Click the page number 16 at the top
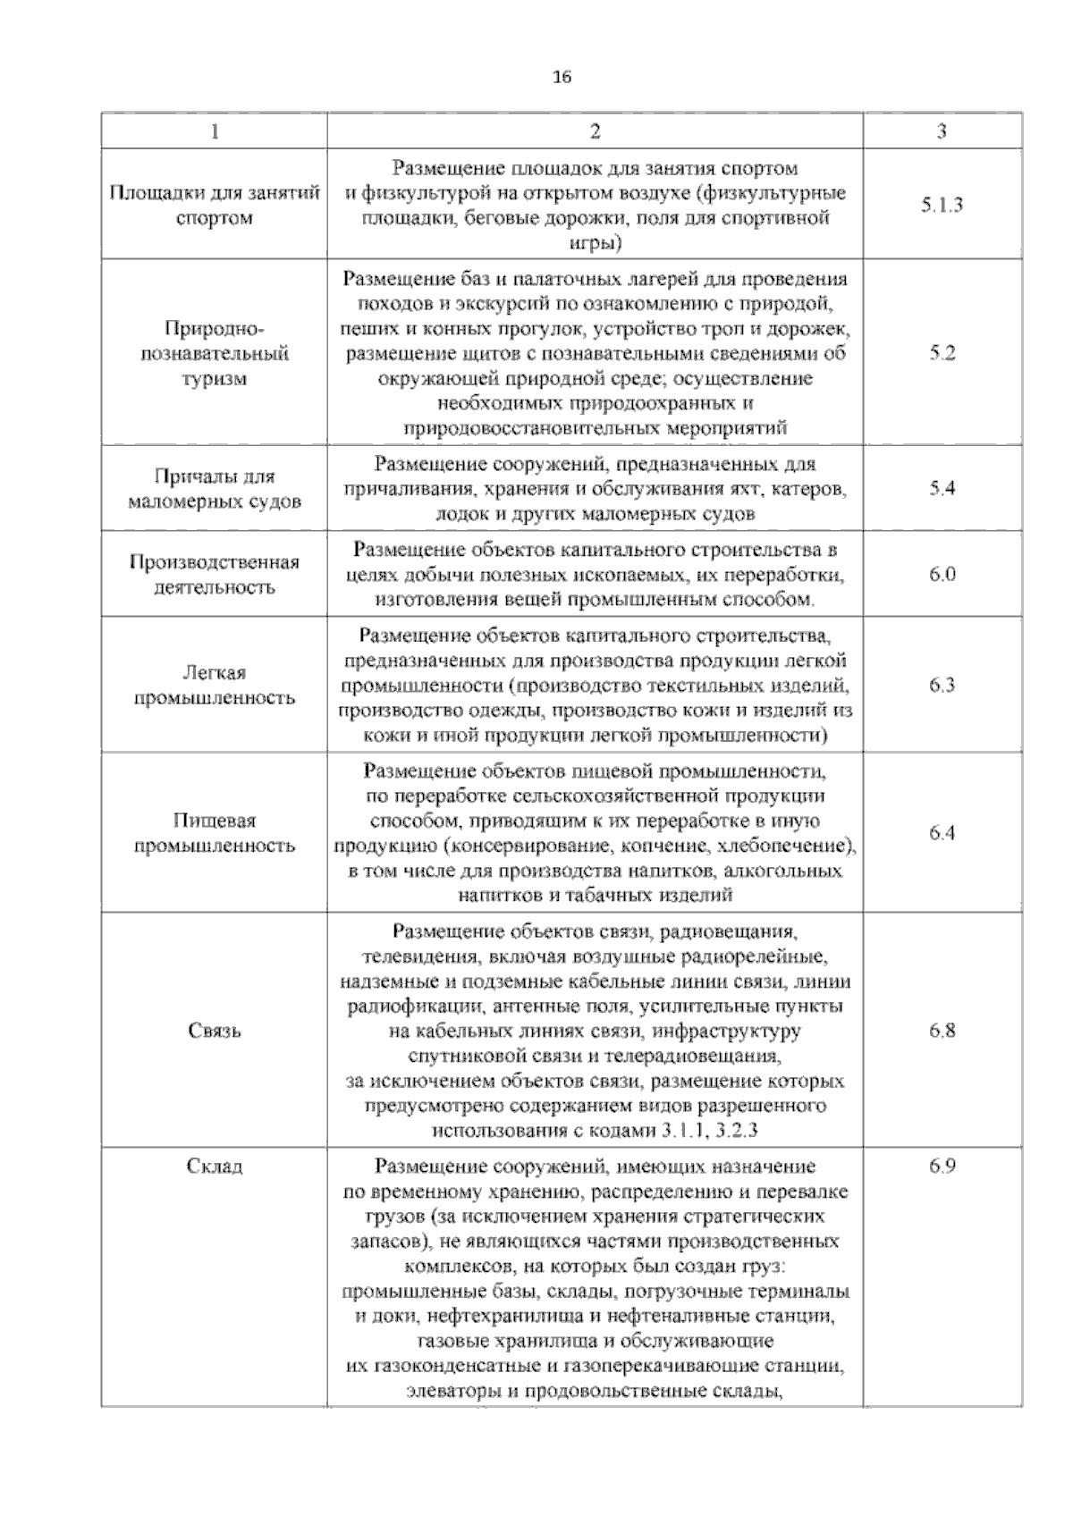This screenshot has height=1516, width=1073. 562,77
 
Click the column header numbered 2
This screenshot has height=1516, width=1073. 595,131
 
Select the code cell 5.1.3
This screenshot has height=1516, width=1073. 942,205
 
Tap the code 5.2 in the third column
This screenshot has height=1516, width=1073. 942,353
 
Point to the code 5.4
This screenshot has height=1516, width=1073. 942,488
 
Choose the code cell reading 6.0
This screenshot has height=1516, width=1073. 942,574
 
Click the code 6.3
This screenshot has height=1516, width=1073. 942,686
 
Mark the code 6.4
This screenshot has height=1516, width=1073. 942,833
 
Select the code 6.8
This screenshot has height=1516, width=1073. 942,1030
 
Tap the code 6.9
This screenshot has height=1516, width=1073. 942,1166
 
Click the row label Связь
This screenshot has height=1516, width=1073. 215,1031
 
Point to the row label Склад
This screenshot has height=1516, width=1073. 215,1166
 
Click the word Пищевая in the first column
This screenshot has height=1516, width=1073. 215,821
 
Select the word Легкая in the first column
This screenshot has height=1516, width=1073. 215,673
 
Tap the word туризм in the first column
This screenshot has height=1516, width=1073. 215,378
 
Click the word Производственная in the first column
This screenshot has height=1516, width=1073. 215,562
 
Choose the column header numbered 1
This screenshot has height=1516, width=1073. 215,131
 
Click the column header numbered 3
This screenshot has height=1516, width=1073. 942,131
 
